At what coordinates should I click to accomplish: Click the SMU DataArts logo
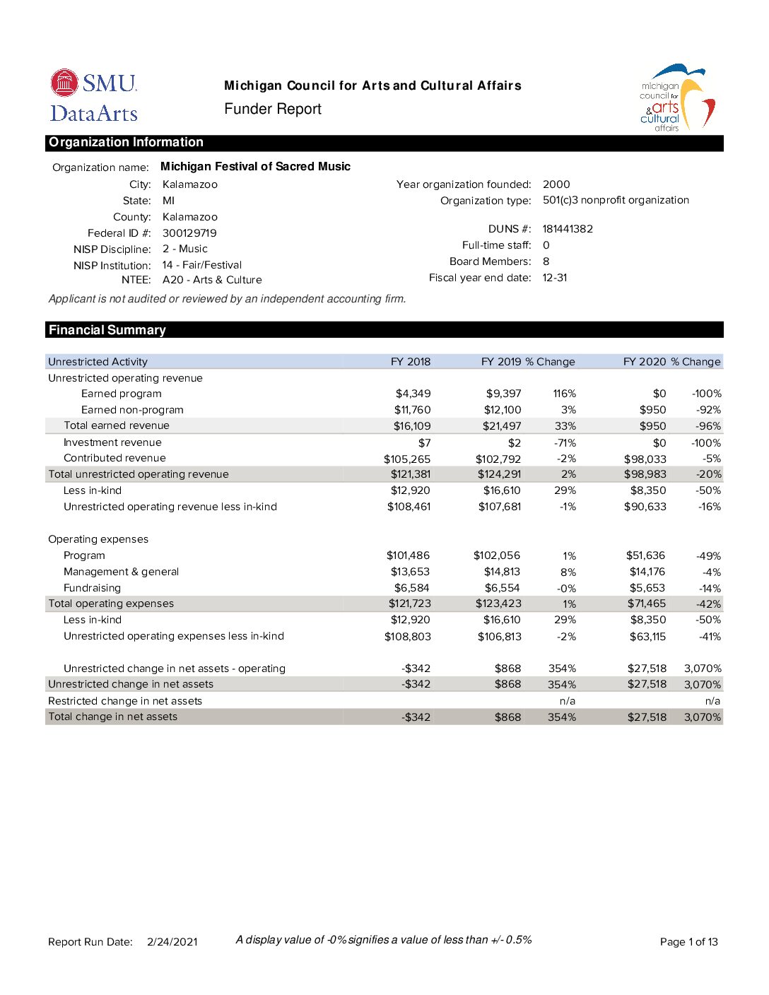(94, 95)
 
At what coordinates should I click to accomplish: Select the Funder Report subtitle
(273, 110)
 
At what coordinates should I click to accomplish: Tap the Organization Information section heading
(126, 143)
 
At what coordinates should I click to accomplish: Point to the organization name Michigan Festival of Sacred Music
(255, 167)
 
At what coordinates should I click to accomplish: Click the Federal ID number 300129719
(189, 233)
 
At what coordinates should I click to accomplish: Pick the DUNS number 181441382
(568, 229)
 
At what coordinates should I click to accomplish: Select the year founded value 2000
(556, 184)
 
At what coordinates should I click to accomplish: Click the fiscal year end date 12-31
(555, 278)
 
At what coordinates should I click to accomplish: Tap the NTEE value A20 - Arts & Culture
(212, 280)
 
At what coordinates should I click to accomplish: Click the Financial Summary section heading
(107, 330)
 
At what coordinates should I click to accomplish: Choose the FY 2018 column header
(410, 362)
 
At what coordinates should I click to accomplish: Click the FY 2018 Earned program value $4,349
(413, 394)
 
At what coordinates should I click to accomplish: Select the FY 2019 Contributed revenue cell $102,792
(498, 459)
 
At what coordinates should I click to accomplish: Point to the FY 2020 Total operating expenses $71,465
(647, 604)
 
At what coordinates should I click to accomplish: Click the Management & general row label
(121, 572)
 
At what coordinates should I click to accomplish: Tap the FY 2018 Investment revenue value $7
(424, 443)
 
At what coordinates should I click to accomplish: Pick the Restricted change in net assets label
(125, 701)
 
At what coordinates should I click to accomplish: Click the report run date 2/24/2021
(172, 942)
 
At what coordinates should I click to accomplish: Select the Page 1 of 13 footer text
(688, 942)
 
